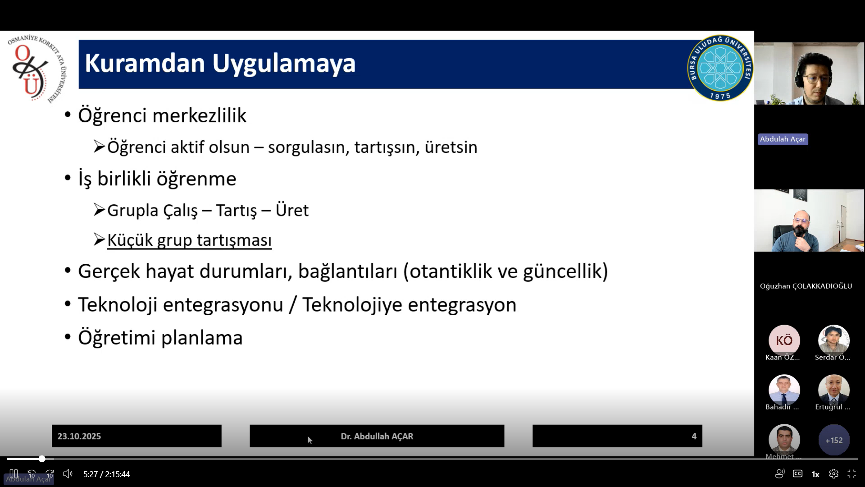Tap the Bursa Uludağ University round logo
coord(720,68)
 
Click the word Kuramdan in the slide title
coord(145,63)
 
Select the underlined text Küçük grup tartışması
coord(189,240)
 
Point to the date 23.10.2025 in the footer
coord(79,436)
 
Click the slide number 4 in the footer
coord(694,436)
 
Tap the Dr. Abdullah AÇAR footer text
coord(377,436)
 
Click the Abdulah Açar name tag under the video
coord(783,139)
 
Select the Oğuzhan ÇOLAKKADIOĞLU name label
coord(806,286)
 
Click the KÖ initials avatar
coord(784,340)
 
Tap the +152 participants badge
coord(834,440)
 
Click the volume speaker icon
coord(68,474)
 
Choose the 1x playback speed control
coord(815,474)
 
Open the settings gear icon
coord(833,474)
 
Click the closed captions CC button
coord(798,474)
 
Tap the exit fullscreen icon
coord(852,474)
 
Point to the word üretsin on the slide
coord(451,147)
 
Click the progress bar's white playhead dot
coord(42,459)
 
